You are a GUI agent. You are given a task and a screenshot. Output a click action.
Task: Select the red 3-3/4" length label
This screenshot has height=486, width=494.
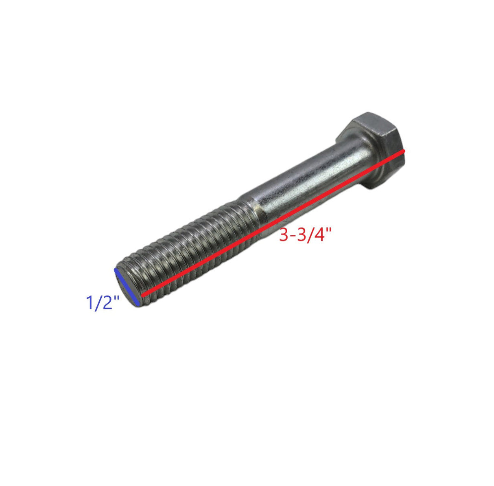click(x=305, y=235)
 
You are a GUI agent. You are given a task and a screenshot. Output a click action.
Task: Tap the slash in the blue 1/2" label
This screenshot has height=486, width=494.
click(x=98, y=303)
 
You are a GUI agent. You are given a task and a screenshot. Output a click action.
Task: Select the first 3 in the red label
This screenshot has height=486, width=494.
click(x=284, y=235)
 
